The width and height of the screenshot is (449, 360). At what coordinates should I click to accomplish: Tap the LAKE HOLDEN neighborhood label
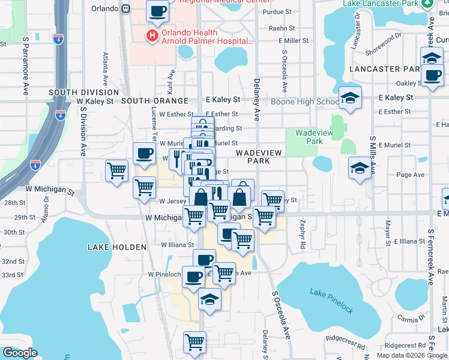pos(116,247)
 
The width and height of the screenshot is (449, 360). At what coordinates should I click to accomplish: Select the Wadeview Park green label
pos(309,137)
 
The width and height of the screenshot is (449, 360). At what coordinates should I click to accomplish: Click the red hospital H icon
pos(152,36)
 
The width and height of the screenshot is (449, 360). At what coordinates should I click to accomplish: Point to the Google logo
pos(20,353)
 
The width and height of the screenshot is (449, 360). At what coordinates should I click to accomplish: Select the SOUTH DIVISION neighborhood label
pos(84,92)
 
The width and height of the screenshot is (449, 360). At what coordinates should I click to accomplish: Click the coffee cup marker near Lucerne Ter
pos(144,154)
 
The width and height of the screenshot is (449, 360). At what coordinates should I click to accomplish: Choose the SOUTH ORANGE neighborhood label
pos(155,101)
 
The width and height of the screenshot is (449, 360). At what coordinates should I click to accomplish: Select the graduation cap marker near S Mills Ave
pos(360,167)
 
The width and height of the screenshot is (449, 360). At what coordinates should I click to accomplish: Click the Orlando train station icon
pos(126,9)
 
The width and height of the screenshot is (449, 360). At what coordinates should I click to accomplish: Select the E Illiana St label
pos(409,241)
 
